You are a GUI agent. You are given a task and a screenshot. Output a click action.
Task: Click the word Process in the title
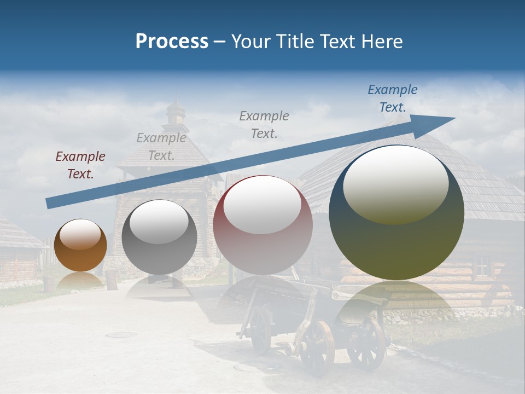coord(172,42)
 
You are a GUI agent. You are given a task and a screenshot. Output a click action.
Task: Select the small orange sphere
coord(80,246)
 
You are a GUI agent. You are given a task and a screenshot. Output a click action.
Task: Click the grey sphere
coord(159,237)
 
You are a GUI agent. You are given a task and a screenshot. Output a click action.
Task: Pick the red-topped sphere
coord(262,225)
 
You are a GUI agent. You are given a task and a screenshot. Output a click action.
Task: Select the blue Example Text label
coord(392,99)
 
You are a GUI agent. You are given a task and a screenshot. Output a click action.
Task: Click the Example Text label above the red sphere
coord(264,124)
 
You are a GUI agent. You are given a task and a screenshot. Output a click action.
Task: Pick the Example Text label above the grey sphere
coord(161,147)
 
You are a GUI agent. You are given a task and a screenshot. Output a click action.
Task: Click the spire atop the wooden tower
coord(176,109)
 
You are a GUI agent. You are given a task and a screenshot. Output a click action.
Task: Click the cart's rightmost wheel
coord(366,341)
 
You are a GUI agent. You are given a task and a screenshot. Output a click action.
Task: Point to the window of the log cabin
coord(482,266)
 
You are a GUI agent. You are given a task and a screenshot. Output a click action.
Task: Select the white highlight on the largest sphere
coord(395,183)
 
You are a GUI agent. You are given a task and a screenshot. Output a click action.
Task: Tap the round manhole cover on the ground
coord(121,334)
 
